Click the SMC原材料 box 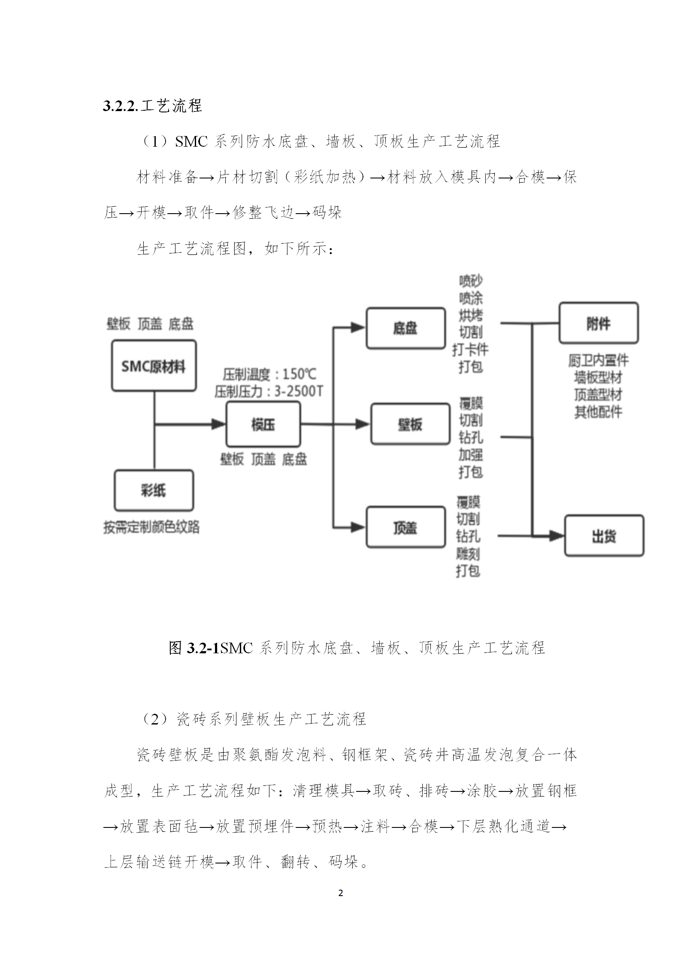point(154,366)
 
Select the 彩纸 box point(154,491)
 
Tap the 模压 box point(263,425)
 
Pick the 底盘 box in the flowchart point(406,328)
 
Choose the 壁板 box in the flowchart point(410,424)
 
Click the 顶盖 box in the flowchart point(406,527)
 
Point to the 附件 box point(599,323)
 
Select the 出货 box point(604,536)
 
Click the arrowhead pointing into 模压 point(219,425)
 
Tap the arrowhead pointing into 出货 point(557,535)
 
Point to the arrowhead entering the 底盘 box point(358,328)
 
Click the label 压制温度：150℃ point(269,374)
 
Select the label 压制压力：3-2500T point(269,391)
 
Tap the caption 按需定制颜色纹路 point(151,527)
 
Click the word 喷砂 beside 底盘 point(471,281)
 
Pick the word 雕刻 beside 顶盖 point(468,554)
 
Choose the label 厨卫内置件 point(599,360)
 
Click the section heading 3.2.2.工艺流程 point(152,106)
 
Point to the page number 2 point(341,894)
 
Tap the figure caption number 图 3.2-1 point(194,647)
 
